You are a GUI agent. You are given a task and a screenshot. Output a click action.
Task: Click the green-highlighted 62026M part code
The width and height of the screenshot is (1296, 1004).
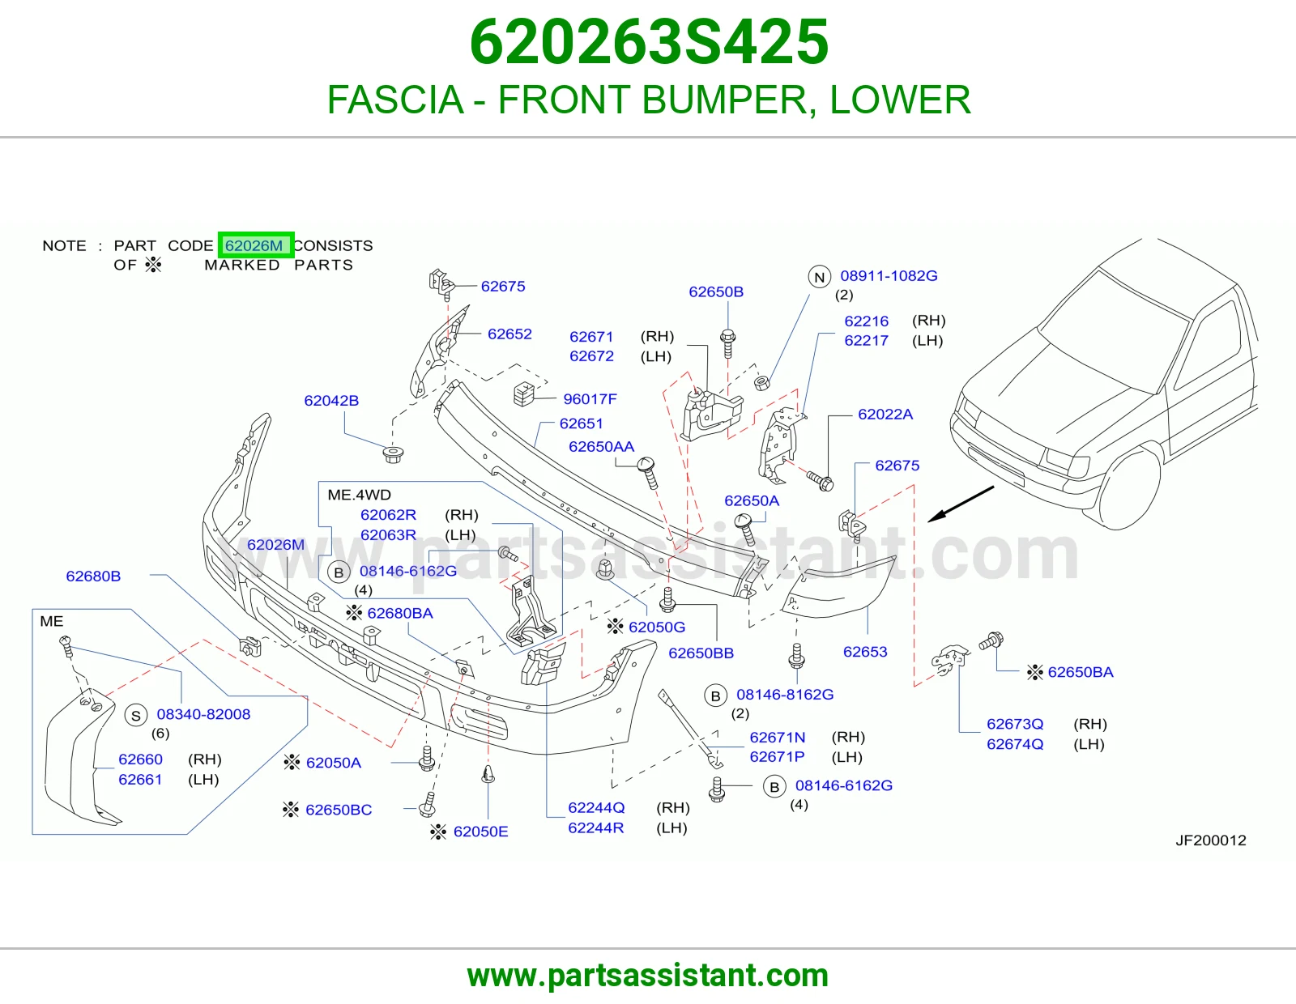256,245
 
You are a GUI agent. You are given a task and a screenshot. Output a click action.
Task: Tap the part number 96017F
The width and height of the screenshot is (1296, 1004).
590,399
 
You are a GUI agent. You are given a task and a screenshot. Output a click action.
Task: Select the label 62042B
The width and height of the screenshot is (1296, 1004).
331,401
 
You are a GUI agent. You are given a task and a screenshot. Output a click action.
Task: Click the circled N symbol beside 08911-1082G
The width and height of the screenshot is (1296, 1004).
820,277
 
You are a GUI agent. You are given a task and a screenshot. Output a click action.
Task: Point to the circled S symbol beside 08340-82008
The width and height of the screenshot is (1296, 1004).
136,716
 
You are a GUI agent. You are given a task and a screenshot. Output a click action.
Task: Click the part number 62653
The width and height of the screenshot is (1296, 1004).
865,652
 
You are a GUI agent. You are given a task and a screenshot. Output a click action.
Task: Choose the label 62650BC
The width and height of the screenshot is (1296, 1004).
339,810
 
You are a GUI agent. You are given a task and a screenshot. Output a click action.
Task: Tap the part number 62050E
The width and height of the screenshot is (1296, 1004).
480,832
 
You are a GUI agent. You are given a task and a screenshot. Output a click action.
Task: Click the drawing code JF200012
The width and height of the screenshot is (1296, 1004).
1211,840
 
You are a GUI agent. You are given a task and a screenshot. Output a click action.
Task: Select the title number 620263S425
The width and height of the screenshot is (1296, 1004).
649,42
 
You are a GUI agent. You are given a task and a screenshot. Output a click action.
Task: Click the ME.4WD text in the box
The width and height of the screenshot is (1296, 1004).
359,495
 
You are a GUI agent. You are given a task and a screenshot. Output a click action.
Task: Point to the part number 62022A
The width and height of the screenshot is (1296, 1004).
885,415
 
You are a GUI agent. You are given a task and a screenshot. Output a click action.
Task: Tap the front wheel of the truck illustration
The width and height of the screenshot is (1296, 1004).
1129,489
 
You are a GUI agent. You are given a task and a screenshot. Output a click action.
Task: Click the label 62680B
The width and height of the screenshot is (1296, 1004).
93,576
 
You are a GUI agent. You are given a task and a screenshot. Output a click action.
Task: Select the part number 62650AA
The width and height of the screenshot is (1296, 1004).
601,447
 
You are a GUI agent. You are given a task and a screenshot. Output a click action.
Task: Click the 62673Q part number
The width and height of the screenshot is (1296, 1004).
1015,724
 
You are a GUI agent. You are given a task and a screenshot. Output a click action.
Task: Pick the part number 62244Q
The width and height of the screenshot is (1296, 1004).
596,807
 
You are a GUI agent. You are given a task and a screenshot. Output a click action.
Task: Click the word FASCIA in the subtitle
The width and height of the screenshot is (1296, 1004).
395,100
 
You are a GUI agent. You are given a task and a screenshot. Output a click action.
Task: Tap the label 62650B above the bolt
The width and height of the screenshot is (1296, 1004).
716,291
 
